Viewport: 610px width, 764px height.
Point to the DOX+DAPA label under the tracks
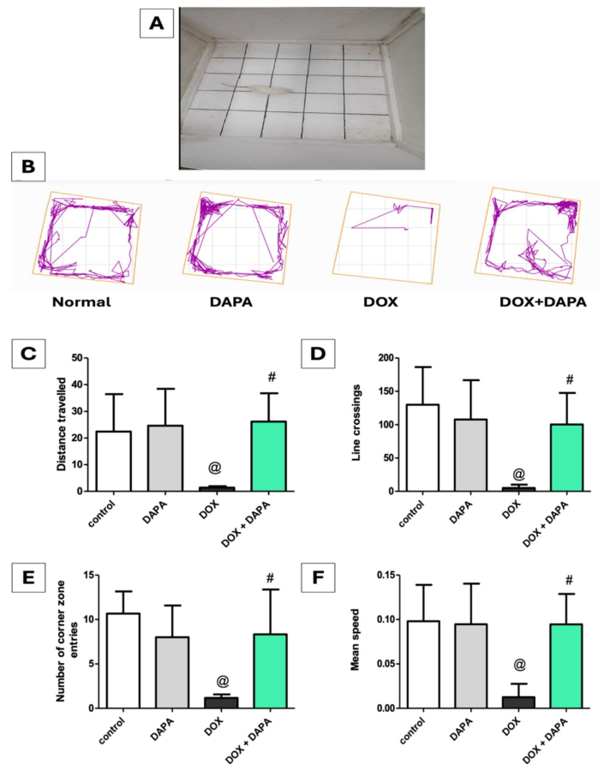535,301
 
